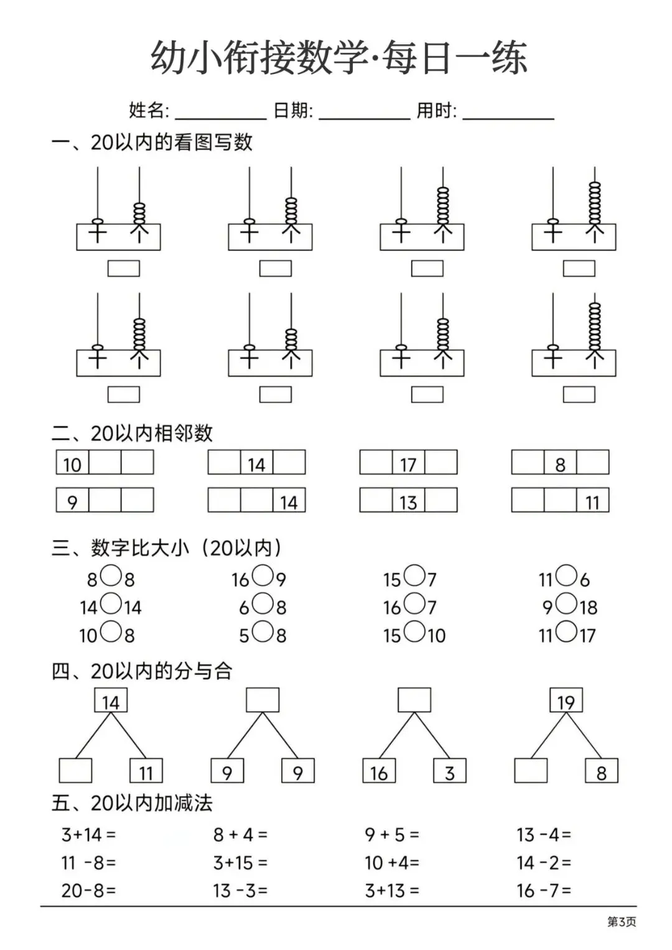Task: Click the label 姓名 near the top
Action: click(149, 111)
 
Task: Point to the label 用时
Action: click(436, 111)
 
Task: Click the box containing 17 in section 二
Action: click(408, 463)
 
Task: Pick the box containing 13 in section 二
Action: click(408, 501)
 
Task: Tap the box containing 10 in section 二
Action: click(72, 463)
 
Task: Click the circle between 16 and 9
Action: click(263, 576)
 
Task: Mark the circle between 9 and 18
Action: click(566, 603)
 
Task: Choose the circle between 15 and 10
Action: click(414, 632)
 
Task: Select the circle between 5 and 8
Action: click(263, 632)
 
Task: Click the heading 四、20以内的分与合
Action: click(142, 671)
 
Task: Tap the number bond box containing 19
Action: click(566, 701)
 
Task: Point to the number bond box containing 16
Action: click(379, 771)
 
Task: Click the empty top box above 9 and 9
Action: click(263, 701)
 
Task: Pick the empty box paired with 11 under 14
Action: click(75, 771)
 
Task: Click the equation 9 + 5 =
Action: click(392, 834)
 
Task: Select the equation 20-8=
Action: click(88, 890)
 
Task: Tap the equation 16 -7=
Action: click(544, 890)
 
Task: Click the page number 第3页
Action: click(621, 922)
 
